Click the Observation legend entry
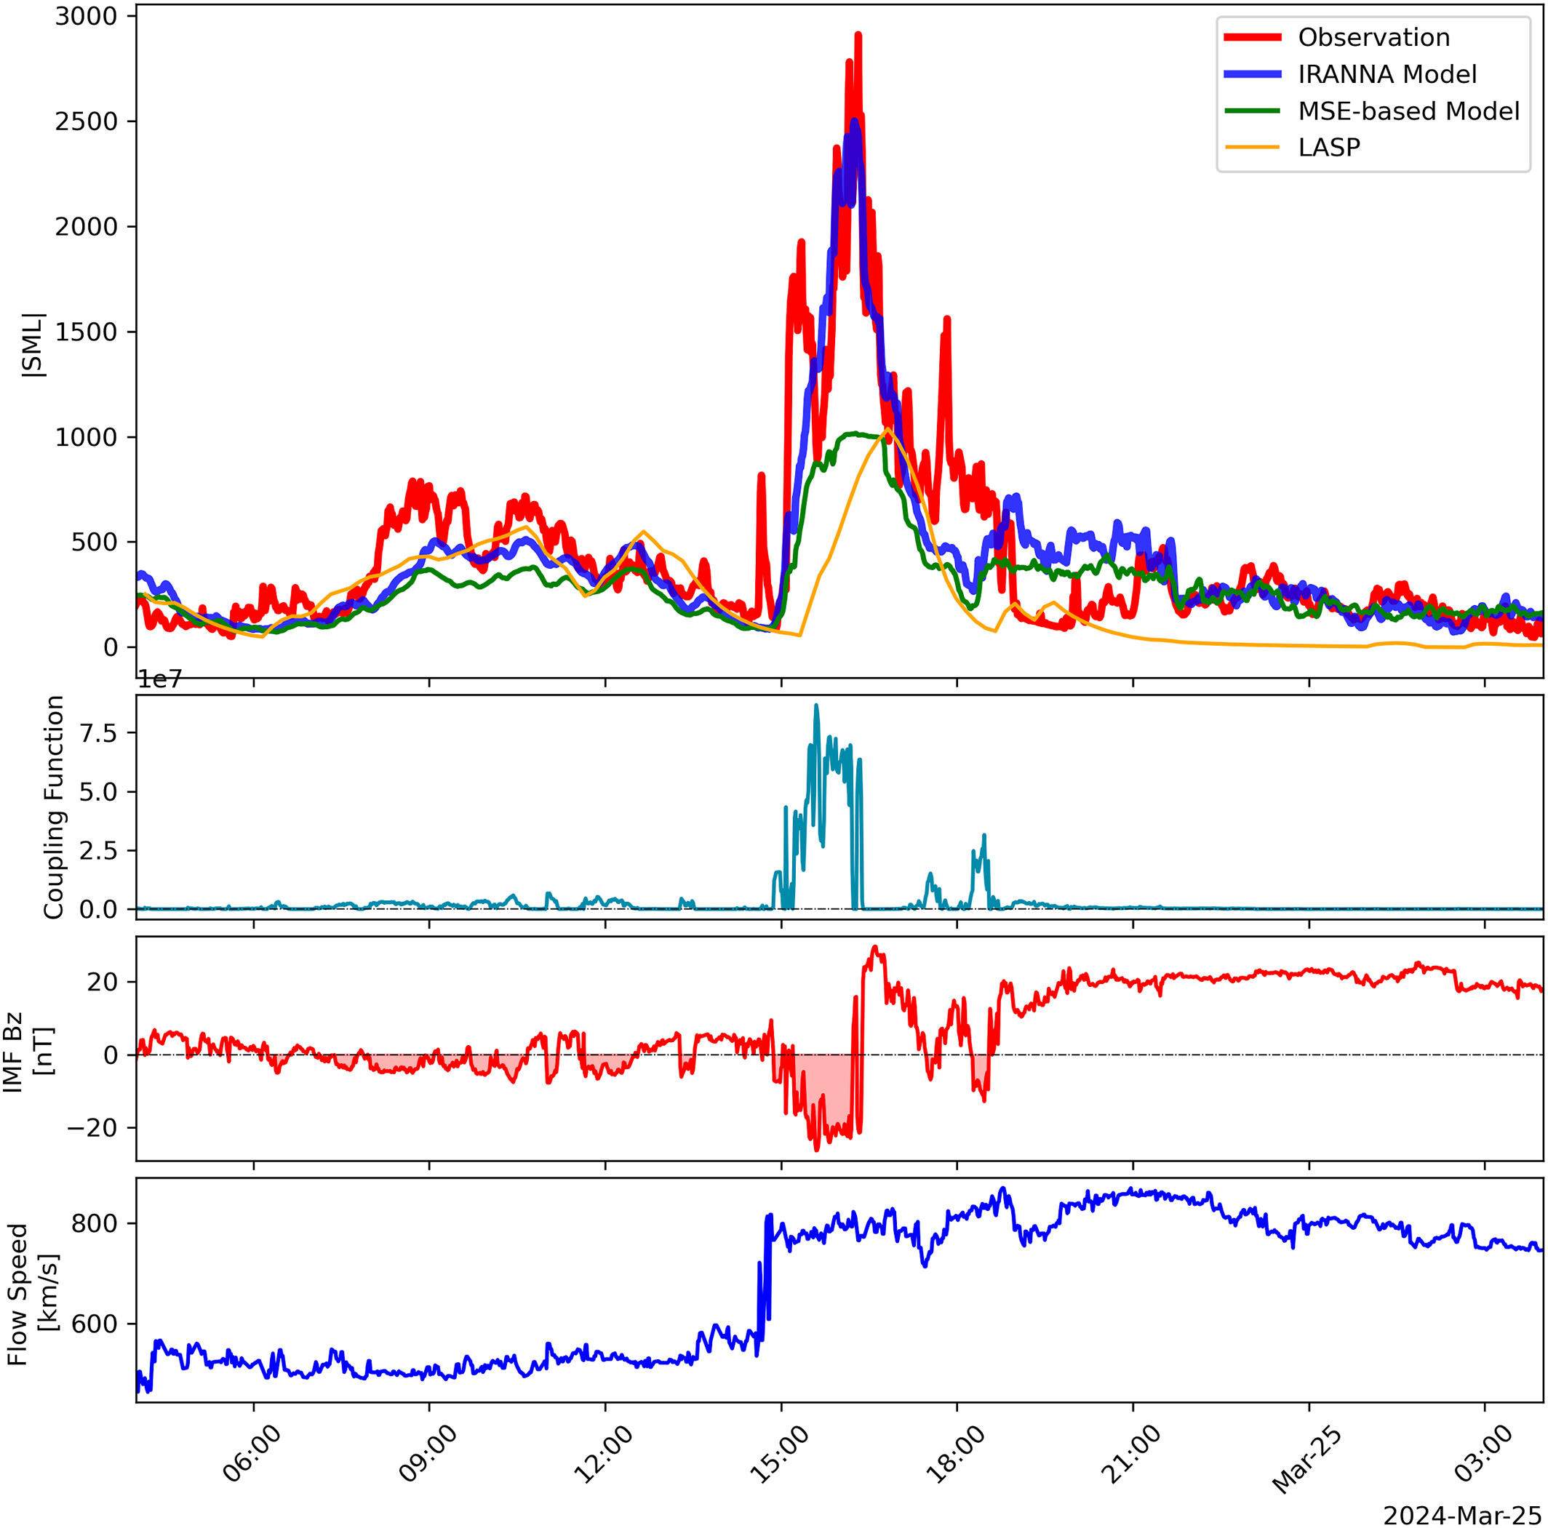point(1373,38)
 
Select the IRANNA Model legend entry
point(1387,74)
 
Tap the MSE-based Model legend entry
point(1408,111)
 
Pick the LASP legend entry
point(1329,148)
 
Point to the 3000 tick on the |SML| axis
point(85,17)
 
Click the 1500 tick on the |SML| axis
point(85,332)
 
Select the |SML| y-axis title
point(33,345)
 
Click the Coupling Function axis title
point(54,807)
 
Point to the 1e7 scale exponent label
point(160,680)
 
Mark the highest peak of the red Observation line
point(858,34)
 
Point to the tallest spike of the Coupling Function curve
point(816,705)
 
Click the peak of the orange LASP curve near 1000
point(887,430)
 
